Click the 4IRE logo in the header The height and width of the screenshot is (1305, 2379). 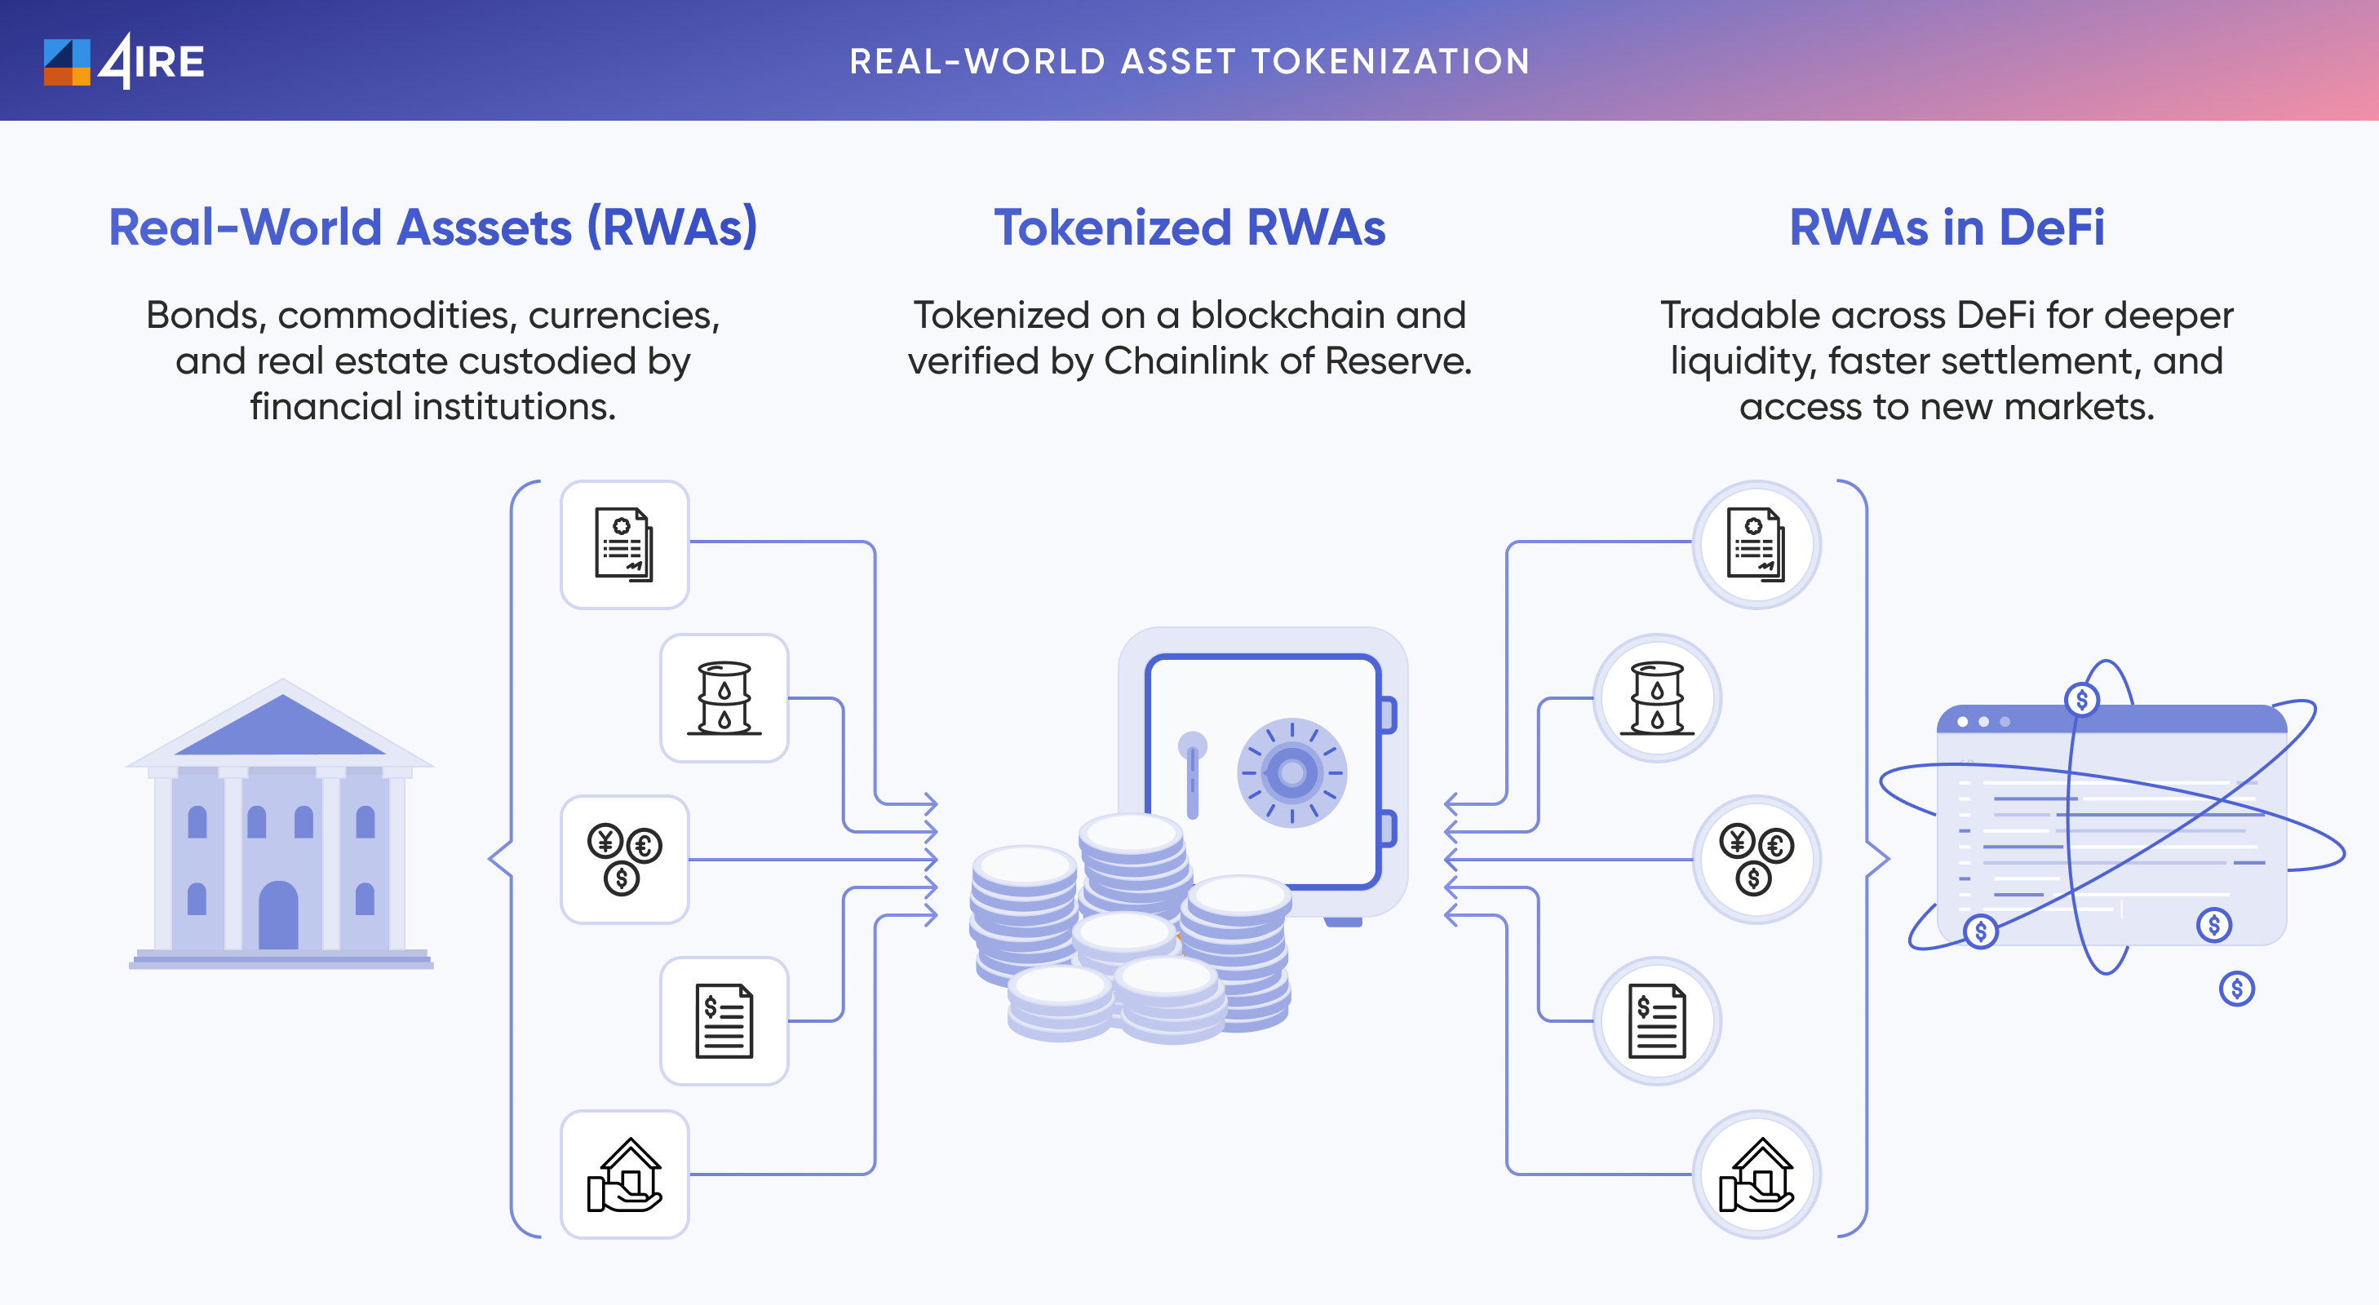coord(124,61)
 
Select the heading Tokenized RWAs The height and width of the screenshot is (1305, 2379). coord(1189,228)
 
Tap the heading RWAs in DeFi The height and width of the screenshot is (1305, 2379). coord(1946,228)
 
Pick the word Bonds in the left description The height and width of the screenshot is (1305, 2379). coord(206,316)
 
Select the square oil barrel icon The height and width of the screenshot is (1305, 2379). coord(724,698)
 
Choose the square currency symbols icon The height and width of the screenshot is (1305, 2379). coord(624,859)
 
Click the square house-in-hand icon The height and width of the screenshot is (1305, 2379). coord(624,1174)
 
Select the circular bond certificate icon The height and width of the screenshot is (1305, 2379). coord(1756,545)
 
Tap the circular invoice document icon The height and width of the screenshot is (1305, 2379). coord(1657,1020)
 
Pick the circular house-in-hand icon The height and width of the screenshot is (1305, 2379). coord(1756,1174)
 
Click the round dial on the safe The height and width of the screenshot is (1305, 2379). coord(1291,772)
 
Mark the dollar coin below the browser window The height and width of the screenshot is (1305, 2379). coord(2236,989)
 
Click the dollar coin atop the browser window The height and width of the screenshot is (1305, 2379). coord(2082,699)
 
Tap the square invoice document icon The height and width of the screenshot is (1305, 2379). coord(724,1020)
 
